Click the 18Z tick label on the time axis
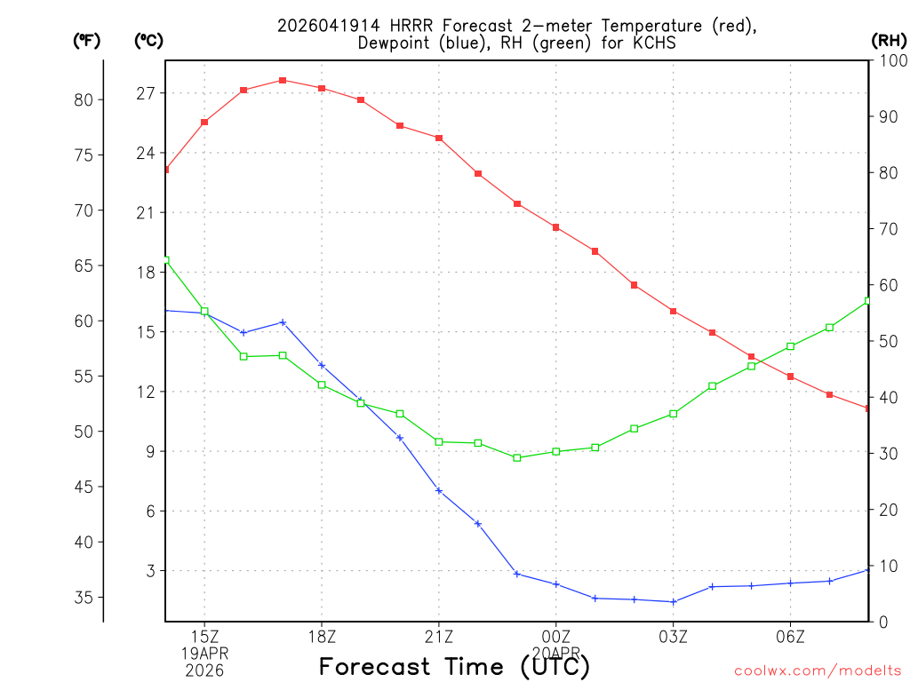point(322,637)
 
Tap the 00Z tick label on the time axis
point(556,637)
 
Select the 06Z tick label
point(791,637)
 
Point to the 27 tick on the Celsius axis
point(146,93)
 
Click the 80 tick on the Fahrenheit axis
point(83,100)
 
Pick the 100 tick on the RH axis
point(891,60)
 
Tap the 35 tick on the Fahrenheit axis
point(83,598)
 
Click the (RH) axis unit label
point(889,40)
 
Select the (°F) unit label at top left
point(87,40)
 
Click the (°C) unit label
point(149,40)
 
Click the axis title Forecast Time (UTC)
point(454,666)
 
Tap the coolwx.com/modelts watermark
point(818,670)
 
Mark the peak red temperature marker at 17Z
point(283,80)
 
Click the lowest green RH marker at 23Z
point(517,457)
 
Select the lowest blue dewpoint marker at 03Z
point(674,601)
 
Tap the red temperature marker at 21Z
point(439,138)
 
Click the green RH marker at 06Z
point(791,346)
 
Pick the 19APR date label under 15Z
point(205,654)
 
